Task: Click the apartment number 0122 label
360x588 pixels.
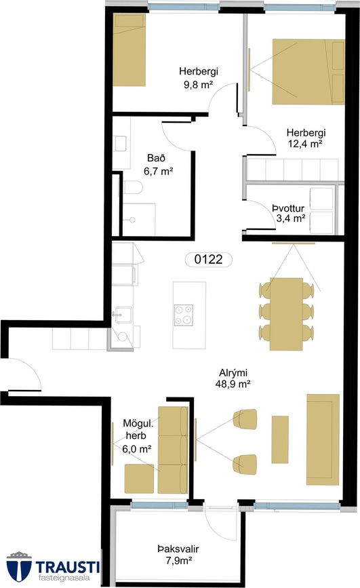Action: coord(209,259)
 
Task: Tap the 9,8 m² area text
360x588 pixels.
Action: coord(198,84)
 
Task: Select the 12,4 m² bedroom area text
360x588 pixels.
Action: coord(306,143)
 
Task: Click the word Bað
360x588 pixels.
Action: coord(156,158)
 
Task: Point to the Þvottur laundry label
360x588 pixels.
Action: coord(288,208)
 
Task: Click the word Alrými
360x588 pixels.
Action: coord(233,373)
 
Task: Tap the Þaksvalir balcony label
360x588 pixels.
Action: coord(178,549)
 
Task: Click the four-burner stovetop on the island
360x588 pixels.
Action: coord(184,315)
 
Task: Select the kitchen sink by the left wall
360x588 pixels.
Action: coord(122,315)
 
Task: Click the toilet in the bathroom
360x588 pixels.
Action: coord(132,187)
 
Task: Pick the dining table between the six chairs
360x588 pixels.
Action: coord(286,314)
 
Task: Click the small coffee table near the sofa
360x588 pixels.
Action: coord(280,439)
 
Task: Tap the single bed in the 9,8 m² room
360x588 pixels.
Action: coord(129,50)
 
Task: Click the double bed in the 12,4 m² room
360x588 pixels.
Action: coord(308,72)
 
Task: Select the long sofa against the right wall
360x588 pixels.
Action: coord(323,439)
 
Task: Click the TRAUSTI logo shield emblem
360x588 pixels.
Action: coord(19,566)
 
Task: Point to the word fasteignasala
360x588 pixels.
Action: coord(64,579)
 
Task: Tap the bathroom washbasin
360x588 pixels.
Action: coord(121,144)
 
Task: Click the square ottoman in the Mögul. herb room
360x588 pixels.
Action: coord(139,479)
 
